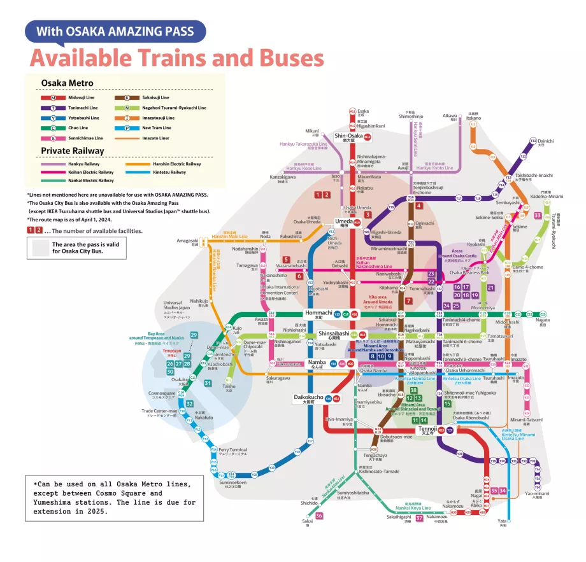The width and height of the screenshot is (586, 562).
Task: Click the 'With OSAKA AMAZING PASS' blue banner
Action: [x=115, y=31]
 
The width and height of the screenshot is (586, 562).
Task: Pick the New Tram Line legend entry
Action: [x=150, y=128]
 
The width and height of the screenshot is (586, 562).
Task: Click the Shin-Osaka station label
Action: [x=348, y=136]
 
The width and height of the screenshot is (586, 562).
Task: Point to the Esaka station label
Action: [x=363, y=113]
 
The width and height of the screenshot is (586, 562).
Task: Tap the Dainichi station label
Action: [x=545, y=142]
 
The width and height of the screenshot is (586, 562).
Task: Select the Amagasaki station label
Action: [x=188, y=242]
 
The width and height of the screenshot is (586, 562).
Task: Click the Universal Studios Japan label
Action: [x=176, y=306]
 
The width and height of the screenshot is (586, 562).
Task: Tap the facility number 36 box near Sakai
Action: [x=319, y=516]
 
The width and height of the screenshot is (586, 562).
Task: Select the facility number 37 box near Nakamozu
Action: [x=419, y=518]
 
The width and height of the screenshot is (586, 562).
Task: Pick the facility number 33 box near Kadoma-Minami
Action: [x=538, y=216]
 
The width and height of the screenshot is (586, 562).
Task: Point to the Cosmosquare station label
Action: [x=162, y=393]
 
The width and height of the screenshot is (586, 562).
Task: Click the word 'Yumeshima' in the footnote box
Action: [x=55, y=502]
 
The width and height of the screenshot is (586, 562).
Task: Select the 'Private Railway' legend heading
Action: [x=73, y=151]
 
